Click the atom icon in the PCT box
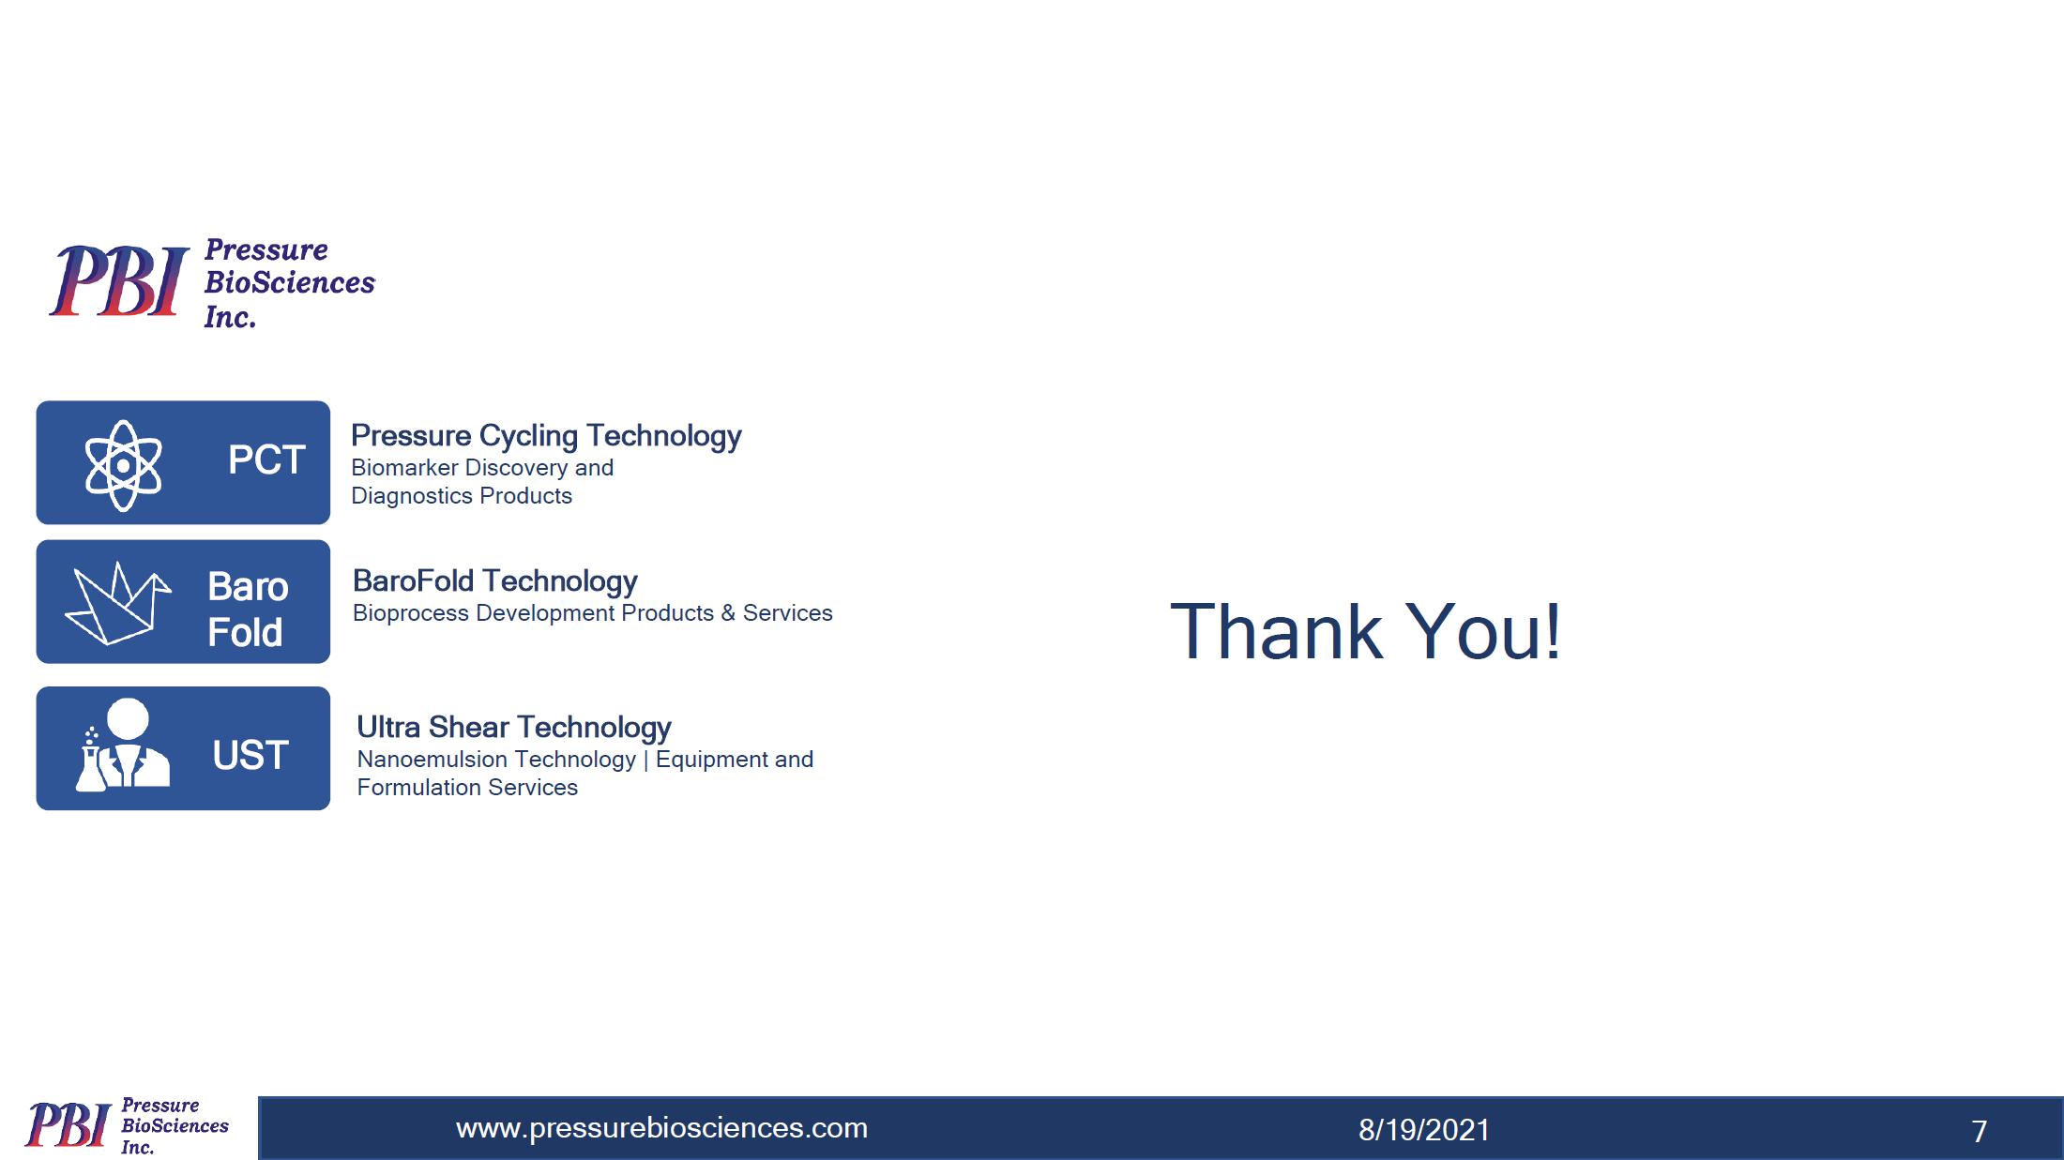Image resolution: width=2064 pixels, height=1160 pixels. click(x=123, y=464)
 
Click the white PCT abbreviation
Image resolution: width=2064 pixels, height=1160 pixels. click(x=266, y=459)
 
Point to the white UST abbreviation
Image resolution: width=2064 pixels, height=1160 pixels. click(x=250, y=755)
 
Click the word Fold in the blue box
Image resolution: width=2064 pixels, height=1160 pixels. click(x=245, y=632)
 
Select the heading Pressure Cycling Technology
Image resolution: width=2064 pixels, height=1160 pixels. click(x=546, y=436)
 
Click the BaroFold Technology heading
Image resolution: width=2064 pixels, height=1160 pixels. click(x=495, y=581)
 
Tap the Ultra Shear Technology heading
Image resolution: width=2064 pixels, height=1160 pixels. click(x=514, y=728)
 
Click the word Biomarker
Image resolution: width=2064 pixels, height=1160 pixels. click(x=405, y=467)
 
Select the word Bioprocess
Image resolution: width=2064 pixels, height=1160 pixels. click(x=411, y=612)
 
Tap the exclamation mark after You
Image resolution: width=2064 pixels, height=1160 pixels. click(x=1553, y=630)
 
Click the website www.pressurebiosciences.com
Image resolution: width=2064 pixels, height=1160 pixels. click(x=661, y=1127)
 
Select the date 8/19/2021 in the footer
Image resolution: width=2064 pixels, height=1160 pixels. click(x=1424, y=1130)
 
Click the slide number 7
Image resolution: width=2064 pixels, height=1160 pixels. click(x=1979, y=1132)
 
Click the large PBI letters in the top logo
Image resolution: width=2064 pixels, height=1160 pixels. click(x=119, y=280)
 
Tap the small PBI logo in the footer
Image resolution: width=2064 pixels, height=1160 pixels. click(x=127, y=1125)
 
